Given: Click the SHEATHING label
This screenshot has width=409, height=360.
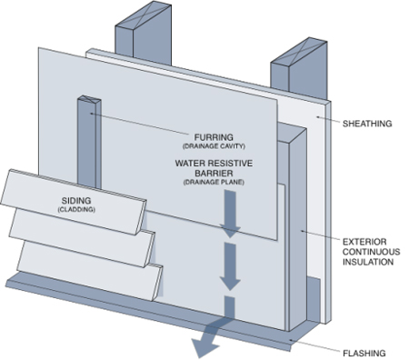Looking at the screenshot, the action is (367, 124).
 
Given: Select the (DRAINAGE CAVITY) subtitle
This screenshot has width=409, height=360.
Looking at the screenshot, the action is (214, 146).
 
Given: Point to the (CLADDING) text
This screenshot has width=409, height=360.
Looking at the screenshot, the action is (76, 209).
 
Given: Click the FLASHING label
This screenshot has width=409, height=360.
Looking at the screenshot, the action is (364, 354).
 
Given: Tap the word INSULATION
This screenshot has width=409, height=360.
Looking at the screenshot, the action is (368, 262).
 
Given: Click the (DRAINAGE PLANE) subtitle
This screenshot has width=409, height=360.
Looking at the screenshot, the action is (214, 183).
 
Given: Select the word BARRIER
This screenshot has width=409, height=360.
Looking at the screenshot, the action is (214, 174).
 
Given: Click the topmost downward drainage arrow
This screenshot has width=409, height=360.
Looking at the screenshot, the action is (230, 214).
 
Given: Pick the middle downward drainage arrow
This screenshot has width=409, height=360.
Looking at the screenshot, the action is (230, 267).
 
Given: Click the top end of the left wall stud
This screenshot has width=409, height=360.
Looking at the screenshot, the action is (144, 15).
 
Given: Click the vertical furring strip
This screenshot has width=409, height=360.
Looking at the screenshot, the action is (89, 143).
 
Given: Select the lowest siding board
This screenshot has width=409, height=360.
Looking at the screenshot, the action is (90, 271).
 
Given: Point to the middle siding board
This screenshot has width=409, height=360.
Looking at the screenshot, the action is (82, 238).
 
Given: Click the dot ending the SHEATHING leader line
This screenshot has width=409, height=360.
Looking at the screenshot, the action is (318, 116).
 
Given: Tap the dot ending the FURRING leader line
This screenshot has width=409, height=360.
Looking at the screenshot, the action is (91, 114).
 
